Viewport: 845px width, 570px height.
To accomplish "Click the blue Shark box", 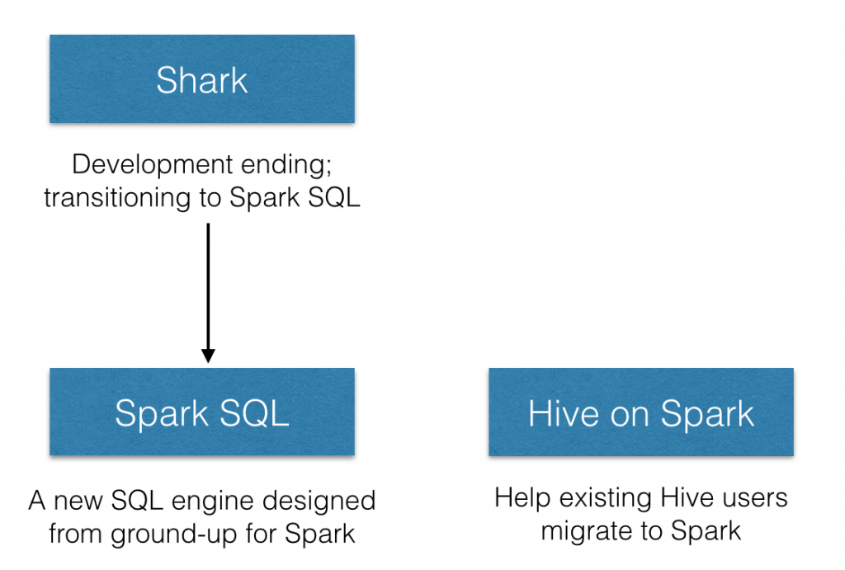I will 202,80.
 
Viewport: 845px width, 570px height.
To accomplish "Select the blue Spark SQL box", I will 202,412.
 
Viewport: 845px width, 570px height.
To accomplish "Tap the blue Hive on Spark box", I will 641,412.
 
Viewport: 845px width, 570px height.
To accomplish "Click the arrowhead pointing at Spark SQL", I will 208,355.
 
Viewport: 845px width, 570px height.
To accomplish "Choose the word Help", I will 522,498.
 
